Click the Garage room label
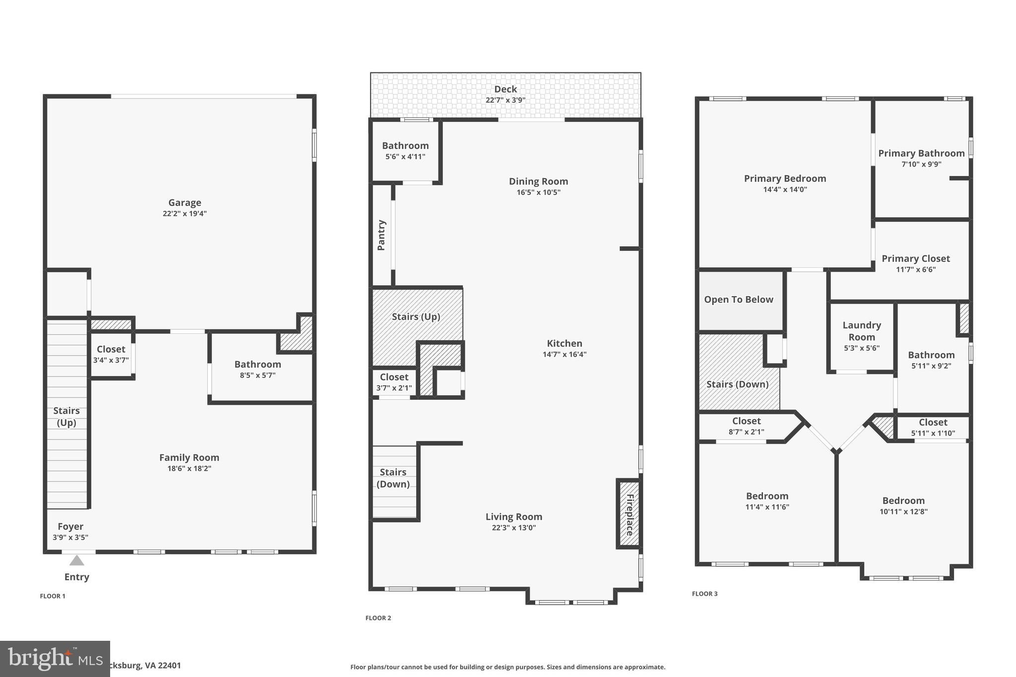coord(185,202)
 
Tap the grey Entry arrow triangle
coord(76,560)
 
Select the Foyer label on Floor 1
coord(70,526)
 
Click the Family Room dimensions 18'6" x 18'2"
coord(189,468)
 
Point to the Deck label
coord(506,89)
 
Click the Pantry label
coord(381,235)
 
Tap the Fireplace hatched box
coord(629,514)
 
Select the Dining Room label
coord(538,182)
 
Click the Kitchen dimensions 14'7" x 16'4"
coord(564,354)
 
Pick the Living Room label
coord(513,517)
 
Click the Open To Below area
coord(739,300)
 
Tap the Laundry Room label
coord(862,331)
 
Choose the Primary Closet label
coord(915,258)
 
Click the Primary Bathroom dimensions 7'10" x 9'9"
coord(921,164)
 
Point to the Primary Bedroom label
coord(785,179)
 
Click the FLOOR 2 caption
coord(378,618)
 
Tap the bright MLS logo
coord(55,659)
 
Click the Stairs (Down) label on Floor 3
coord(737,384)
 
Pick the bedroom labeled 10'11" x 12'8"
coord(903,506)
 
